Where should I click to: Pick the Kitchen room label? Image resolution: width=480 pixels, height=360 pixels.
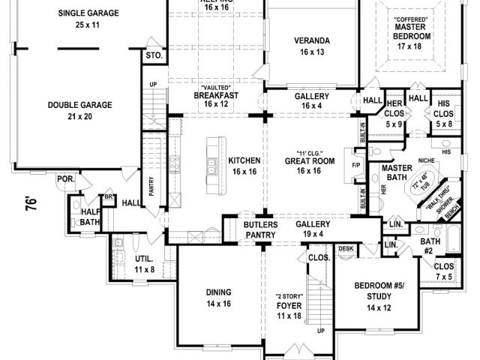244,166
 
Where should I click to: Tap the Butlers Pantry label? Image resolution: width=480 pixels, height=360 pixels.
260,230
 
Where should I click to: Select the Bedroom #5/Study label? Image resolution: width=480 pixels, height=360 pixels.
380,297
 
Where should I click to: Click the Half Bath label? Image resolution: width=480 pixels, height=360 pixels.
91,217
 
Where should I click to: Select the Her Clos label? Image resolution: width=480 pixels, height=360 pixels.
394,109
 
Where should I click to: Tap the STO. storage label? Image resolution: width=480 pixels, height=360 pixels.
155,55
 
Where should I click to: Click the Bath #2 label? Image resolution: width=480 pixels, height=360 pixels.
429,245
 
